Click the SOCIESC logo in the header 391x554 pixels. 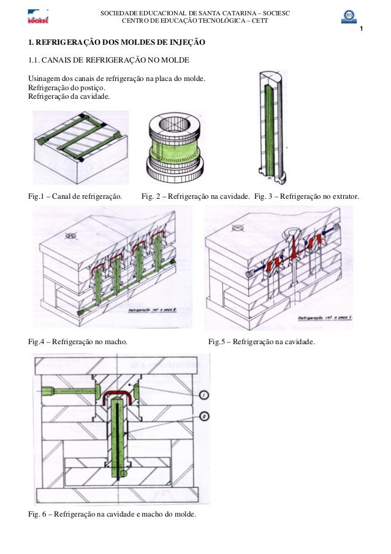pos(38,17)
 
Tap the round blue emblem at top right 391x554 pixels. pos(349,16)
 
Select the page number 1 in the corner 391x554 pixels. pos(362,31)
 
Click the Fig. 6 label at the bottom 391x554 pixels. pos(38,514)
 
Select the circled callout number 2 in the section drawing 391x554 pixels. pos(205,416)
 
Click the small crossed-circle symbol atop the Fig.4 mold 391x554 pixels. pos(71,234)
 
